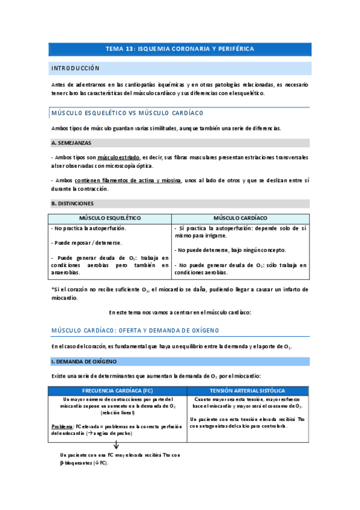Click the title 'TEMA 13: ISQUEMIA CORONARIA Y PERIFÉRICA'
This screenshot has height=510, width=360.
tap(180, 49)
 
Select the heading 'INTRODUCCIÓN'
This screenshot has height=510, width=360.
tap(75, 68)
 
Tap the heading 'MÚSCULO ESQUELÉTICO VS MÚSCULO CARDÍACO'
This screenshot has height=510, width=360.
tap(127, 112)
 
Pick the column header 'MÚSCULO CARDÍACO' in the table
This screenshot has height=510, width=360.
tap(240, 217)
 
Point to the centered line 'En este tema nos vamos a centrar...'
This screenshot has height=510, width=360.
tap(180, 312)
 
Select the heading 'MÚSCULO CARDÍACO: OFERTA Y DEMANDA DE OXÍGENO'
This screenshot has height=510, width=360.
tap(135, 331)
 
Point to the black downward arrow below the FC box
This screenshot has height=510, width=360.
tap(116, 445)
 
